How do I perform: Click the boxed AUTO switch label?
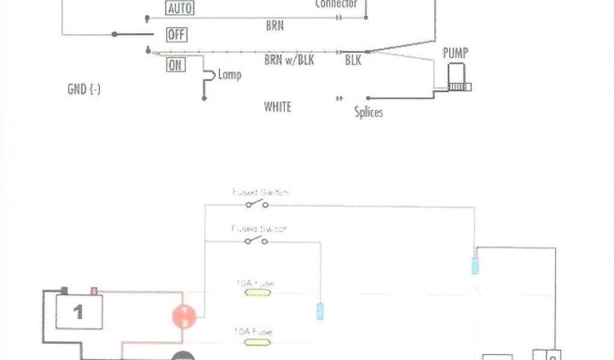[180, 8]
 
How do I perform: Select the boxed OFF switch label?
[176, 35]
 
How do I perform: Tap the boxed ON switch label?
[176, 65]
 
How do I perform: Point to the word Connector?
[336, 4]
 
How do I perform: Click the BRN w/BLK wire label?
[289, 61]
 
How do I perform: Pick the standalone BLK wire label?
[353, 61]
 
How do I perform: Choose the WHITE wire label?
[278, 107]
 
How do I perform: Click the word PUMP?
[456, 53]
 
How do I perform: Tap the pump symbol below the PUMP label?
[459, 80]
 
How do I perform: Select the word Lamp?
[230, 75]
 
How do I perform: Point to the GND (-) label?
[84, 89]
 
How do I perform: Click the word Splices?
[368, 112]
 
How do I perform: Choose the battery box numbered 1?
[79, 311]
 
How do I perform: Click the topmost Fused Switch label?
[260, 193]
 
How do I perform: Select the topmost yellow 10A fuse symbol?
[257, 293]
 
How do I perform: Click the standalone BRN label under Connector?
[275, 26]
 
